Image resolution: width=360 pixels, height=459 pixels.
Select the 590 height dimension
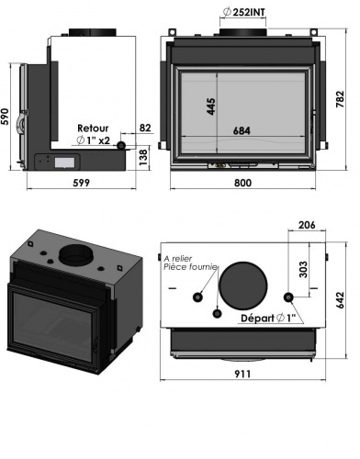[x=5, y=117]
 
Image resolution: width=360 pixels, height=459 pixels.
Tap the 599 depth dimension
[x=82, y=183]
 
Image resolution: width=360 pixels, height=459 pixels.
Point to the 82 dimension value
[x=145, y=128]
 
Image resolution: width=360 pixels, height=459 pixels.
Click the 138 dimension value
[x=143, y=157]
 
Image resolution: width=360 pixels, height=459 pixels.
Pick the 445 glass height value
[x=211, y=106]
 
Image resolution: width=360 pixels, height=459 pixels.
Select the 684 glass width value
[x=242, y=130]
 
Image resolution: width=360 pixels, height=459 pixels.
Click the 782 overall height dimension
[x=340, y=99]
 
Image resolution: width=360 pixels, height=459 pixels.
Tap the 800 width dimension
[x=243, y=183]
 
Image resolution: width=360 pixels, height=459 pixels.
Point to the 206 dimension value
[x=307, y=225]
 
